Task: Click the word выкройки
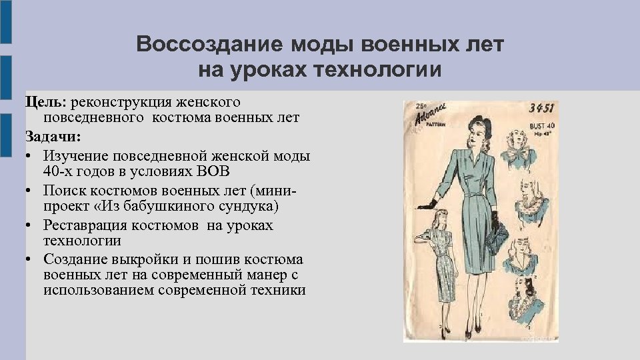coord(147,259)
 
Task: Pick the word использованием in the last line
coord(101,290)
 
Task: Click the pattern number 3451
coord(542,109)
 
